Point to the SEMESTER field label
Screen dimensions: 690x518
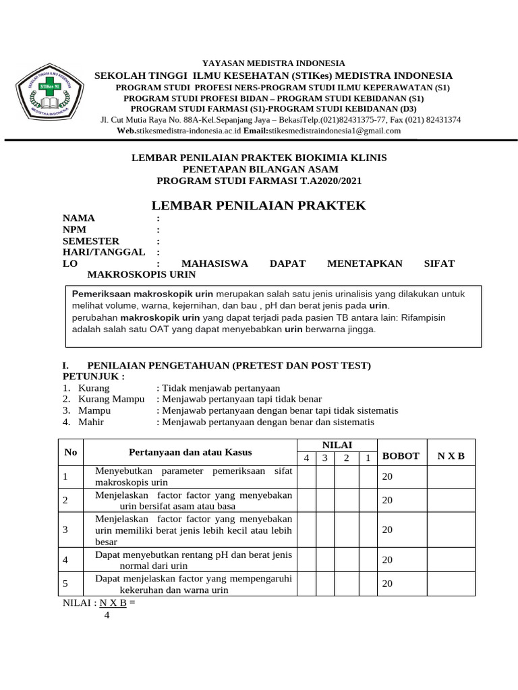tap(91, 241)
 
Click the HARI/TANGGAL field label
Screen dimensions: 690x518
tap(104, 252)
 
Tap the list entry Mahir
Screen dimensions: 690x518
tap(92, 422)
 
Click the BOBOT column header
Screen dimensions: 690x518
tap(401, 456)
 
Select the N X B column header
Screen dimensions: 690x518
tap(451, 456)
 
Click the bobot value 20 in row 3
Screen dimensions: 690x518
tap(387, 530)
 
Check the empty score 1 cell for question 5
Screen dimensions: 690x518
tap(368, 584)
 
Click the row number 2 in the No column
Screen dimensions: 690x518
tap(65, 501)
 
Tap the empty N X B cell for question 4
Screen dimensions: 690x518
tap(451, 560)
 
